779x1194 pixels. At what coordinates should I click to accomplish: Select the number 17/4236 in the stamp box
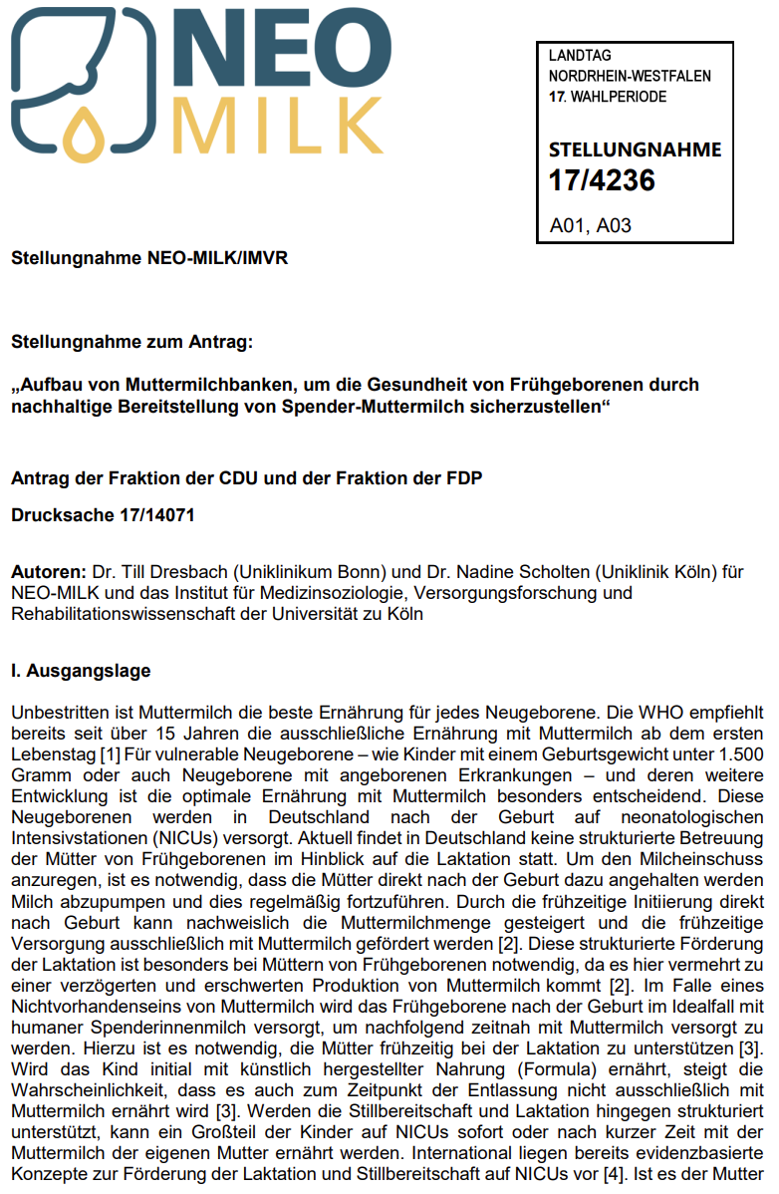pyautogui.click(x=602, y=181)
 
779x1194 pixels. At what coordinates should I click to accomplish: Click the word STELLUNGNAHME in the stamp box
pyautogui.click(x=635, y=150)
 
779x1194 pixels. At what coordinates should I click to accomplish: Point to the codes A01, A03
pyautogui.click(x=591, y=225)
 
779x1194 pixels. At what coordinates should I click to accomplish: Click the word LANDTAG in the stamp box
pyautogui.click(x=580, y=56)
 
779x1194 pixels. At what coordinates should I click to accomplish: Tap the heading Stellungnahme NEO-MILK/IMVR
pyautogui.click(x=149, y=258)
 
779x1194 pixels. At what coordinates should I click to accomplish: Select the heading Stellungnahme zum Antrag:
pyautogui.click(x=132, y=342)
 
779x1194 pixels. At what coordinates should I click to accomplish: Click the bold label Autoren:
pyautogui.click(x=48, y=574)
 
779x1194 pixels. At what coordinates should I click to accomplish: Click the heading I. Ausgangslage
pyautogui.click(x=81, y=671)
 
